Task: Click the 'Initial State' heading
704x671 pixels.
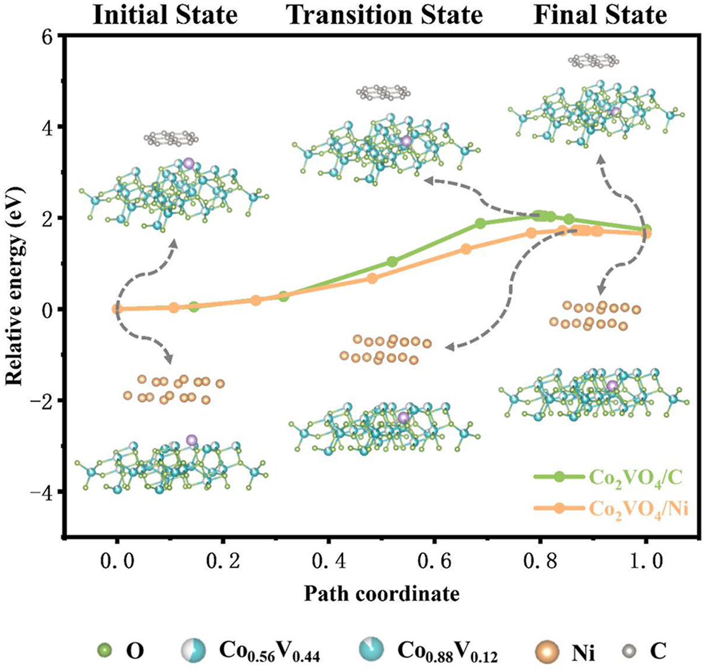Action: [165, 14]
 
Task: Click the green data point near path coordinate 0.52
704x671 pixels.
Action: [392, 262]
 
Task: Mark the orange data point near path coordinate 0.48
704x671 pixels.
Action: [372, 278]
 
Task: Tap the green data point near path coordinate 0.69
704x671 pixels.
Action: [480, 224]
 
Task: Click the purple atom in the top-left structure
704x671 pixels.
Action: [189, 163]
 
